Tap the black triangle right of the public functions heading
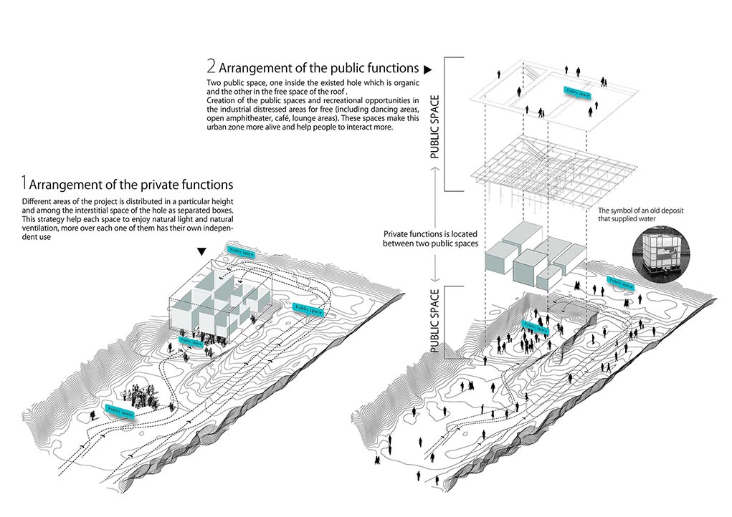point(428,69)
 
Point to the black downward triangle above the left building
point(202,251)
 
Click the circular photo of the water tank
point(660,252)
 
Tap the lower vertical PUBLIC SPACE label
point(435,319)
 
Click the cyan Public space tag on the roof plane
point(579,91)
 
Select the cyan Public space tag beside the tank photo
point(620,284)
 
